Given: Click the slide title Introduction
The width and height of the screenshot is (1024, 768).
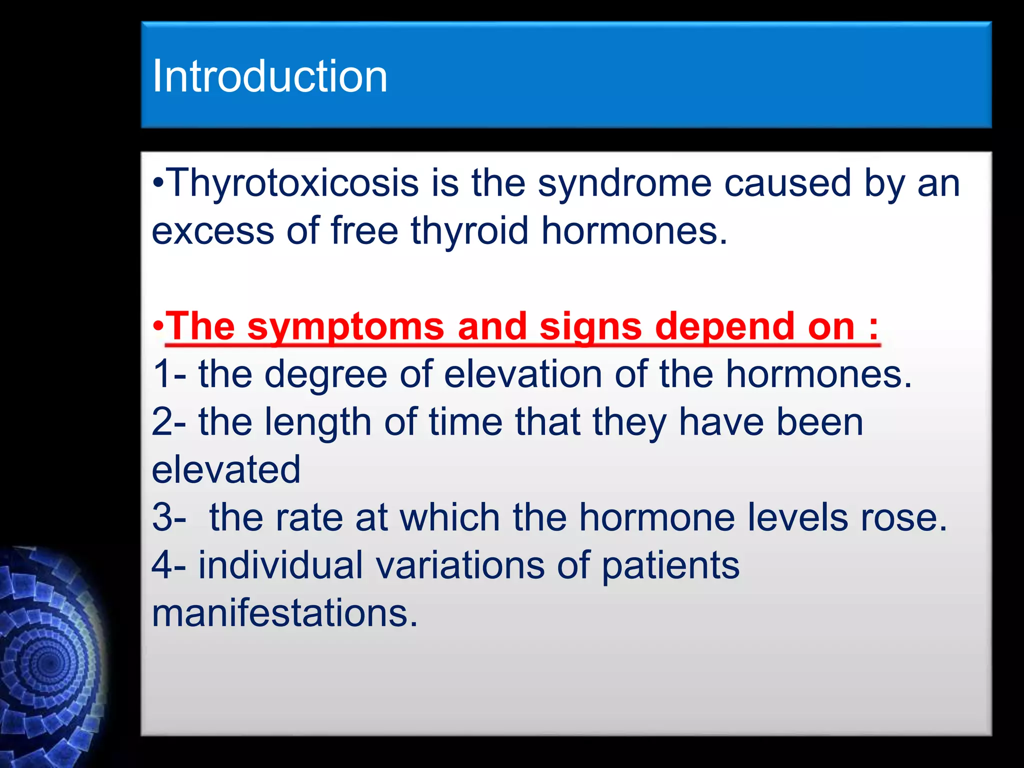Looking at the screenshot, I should [269, 76].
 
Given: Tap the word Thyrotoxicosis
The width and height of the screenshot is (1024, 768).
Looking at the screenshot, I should [292, 183].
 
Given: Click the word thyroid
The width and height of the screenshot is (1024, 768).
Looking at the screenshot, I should [469, 231].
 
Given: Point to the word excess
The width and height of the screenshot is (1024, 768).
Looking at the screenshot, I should [213, 231].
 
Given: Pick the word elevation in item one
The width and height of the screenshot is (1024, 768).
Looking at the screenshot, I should [523, 374].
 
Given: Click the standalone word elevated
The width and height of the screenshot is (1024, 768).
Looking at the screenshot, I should [226, 469].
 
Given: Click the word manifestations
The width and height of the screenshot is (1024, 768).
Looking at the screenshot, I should [284, 613].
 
